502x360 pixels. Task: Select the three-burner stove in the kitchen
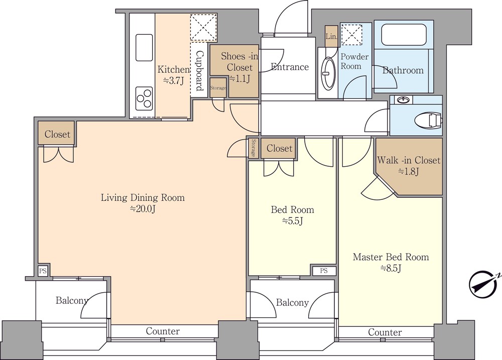tap(144, 98)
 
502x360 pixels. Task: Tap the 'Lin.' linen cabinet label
tap(331, 36)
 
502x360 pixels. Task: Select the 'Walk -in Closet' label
tap(409, 161)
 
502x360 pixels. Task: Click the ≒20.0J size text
tap(143, 208)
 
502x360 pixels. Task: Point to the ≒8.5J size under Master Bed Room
tap(391, 268)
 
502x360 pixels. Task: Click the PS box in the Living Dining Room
tap(43, 271)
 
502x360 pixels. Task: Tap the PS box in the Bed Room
tap(324, 271)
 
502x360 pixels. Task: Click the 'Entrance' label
tap(290, 67)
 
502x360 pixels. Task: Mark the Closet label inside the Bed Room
tap(279, 148)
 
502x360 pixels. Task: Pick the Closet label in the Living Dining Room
tap(57, 134)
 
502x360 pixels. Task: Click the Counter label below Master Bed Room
tap(385, 332)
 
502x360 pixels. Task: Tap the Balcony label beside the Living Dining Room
tap(71, 301)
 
